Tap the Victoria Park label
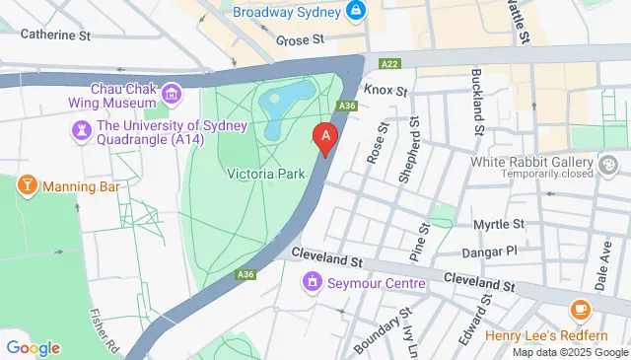(262, 174)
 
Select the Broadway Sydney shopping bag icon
(357, 12)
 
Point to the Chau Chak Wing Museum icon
(173, 96)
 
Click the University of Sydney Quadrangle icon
(79, 130)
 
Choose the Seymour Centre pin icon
(313, 284)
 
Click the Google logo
(33, 347)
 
